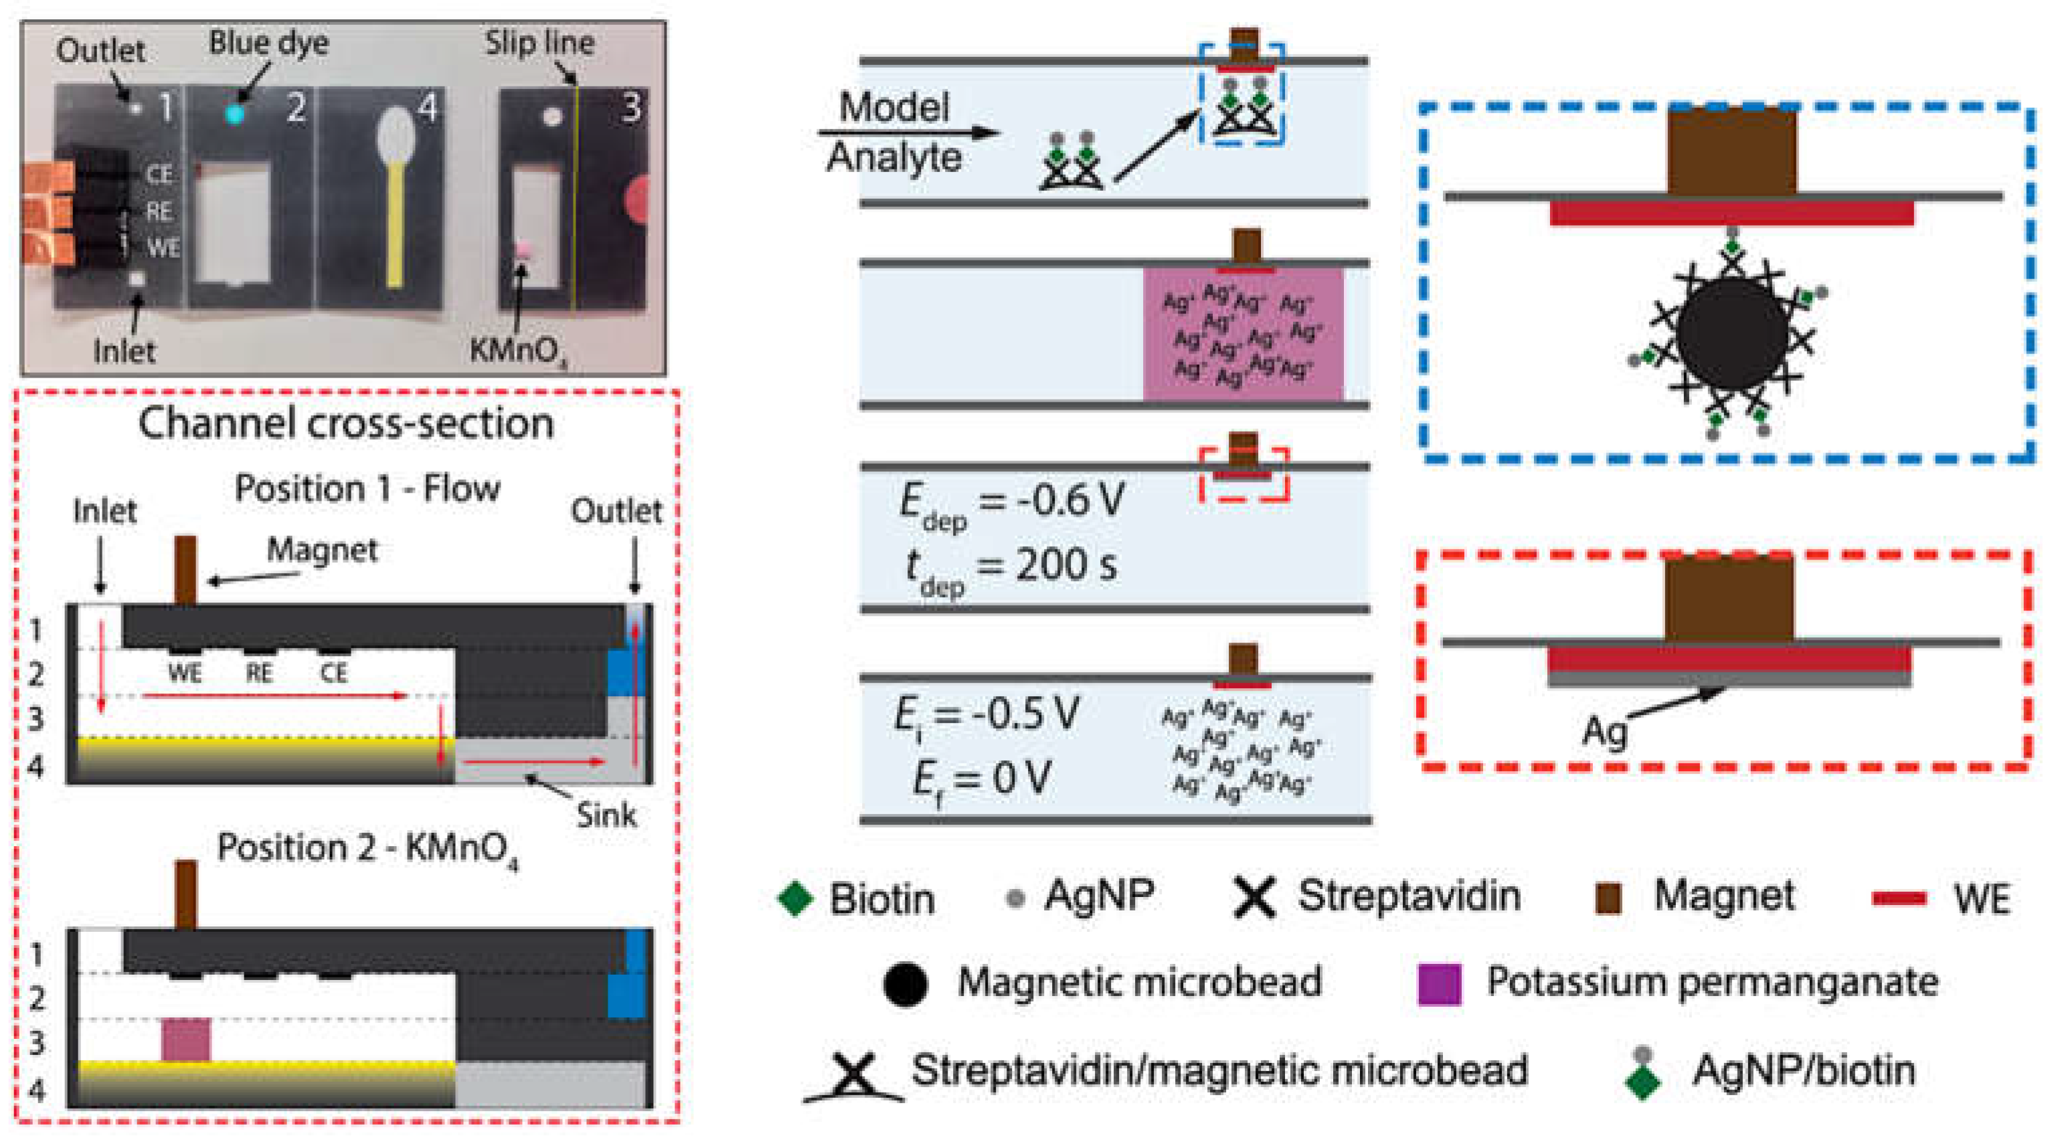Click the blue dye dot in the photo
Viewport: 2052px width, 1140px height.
pos(234,114)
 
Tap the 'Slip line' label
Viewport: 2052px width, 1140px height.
pos(539,42)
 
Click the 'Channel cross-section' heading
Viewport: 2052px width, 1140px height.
pos(346,423)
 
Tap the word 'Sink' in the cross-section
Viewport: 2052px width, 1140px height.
pos(606,815)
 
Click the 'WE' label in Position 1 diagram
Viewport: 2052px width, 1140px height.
pos(185,674)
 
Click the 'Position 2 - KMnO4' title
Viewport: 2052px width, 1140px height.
pos(368,848)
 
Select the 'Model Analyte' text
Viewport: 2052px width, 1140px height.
pos(893,133)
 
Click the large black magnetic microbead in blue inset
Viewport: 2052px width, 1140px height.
pos(1733,333)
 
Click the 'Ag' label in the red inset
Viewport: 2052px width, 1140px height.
pos(1603,731)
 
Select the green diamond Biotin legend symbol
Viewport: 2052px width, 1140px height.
pos(795,898)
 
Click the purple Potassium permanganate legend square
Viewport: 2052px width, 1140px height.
pos(1440,983)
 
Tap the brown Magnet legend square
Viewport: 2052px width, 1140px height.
pos(1608,897)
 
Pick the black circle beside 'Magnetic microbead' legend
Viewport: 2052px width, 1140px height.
pos(906,984)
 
